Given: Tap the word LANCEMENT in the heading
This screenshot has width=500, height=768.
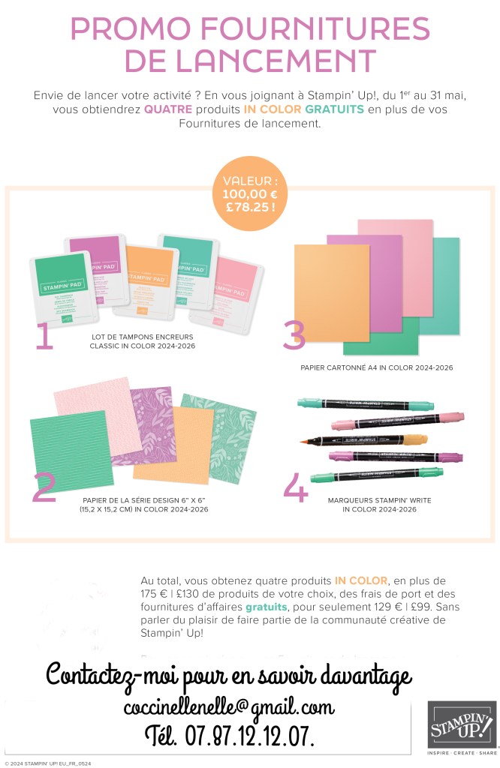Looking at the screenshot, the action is pyautogui.click(x=276, y=61).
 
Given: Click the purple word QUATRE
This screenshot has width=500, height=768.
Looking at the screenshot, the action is pyautogui.click(x=168, y=109).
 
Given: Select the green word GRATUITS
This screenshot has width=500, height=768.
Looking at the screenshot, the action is pyautogui.click(x=334, y=109).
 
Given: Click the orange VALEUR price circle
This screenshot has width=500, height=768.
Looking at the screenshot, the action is pyautogui.click(x=250, y=193).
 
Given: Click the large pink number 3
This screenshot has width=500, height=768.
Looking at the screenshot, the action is pyautogui.click(x=294, y=335).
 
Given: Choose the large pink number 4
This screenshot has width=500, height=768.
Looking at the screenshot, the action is pyautogui.click(x=296, y=487).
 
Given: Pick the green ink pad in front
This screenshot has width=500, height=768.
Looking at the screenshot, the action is pyautogui.click(x=63, y=288).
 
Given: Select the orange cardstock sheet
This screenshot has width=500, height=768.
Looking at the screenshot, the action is pyautogui.click(x=332, y=292).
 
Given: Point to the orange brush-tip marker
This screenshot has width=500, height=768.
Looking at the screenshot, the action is pyautogui.click(x=363, y=439).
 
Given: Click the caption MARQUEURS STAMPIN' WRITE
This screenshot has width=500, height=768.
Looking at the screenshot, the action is pyautogui.click(x=379, y=500).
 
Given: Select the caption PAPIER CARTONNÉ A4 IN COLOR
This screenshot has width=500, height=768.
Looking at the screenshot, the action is pyautogui.click(x=376, y=367).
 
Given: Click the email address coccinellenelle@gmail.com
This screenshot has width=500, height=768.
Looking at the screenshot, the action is pyautogui.click(x=229, y=707).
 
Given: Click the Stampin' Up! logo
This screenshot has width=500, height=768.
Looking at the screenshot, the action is pyautogui.click(x=462, y=725).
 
